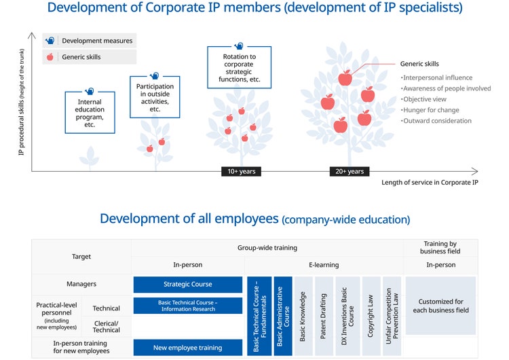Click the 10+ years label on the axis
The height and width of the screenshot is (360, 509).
[241, 171]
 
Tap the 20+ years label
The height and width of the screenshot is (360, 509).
[350, 171]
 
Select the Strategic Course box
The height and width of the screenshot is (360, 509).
[187, 285]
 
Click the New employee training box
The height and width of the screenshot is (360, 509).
[187, 348]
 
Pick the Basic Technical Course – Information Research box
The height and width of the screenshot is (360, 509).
[187, 306]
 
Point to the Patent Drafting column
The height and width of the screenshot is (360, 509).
[323, 316]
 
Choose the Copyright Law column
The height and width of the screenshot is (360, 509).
[371, 316]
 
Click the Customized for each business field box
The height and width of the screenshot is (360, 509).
[440, 306]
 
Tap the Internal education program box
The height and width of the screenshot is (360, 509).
[90, 113]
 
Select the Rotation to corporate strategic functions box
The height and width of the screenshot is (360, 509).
[240, 67]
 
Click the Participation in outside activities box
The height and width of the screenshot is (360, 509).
[155, 97]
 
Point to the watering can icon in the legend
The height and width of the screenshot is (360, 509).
[50, 41]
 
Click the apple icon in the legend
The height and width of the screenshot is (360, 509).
[50, 57]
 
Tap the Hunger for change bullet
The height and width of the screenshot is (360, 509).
[430, 110]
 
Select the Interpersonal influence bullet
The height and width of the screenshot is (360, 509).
[436, 77]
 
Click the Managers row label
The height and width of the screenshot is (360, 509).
[81, 284]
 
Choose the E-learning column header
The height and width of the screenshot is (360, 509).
[324, 265]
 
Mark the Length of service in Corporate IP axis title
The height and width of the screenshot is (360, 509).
[430, 182]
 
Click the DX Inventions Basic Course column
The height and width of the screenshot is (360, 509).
[347, 316]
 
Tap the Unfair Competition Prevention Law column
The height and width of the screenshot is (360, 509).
[392, 316]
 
